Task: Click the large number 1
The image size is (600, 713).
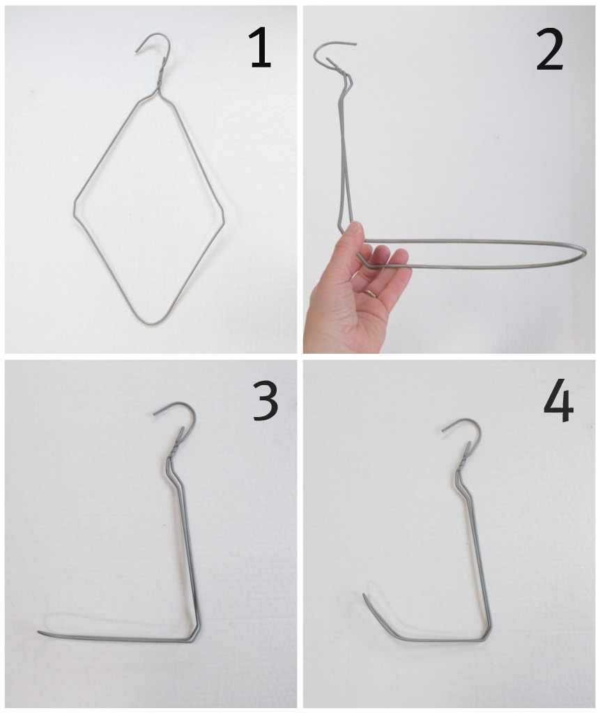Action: click(261, 47)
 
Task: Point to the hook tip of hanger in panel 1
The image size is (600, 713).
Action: click(136, 52)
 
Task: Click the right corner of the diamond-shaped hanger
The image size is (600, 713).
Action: click(222, 217)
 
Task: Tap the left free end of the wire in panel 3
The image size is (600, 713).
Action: click(39, 632)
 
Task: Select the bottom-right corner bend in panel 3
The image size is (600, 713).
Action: click(196, 636)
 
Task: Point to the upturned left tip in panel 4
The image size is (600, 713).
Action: click(364, 595)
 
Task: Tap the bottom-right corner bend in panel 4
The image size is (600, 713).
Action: click(488, 636)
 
